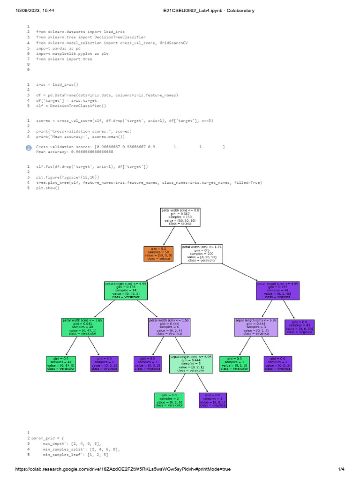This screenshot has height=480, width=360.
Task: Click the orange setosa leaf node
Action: coord(158,254)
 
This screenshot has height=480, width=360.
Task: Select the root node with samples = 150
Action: coord(180,217)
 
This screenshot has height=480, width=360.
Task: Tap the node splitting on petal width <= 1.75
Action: coord(202,254)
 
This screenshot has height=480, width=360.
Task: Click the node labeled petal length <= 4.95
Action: coord(126,291)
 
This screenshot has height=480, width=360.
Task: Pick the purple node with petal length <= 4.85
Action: coord(277,291)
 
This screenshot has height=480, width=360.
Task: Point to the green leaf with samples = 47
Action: coord(61,364)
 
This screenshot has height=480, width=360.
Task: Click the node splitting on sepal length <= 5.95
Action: coord(256,327)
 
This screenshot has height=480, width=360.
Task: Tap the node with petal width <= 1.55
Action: coord(169,327)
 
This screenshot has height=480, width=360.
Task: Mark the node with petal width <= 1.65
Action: coord(82,327)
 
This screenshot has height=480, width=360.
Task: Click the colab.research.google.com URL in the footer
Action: coord(123,469)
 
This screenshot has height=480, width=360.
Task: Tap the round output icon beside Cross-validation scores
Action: coord(29,148)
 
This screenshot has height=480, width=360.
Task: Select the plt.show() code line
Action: coord(48,188)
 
